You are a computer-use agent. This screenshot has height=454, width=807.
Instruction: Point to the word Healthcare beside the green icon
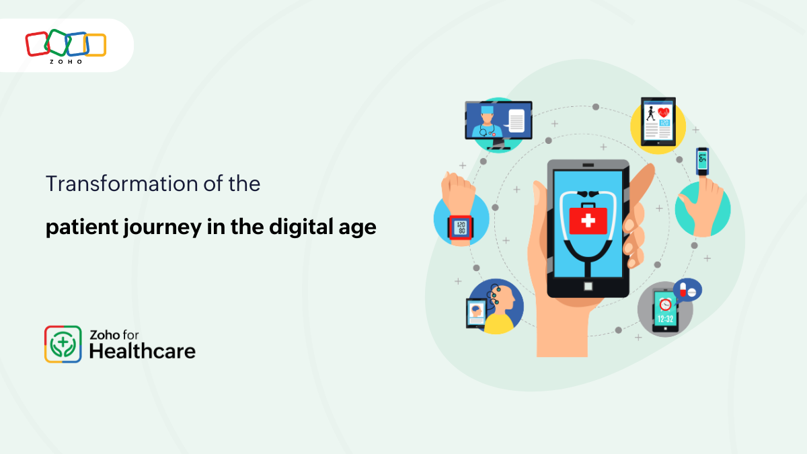tap(143, 351)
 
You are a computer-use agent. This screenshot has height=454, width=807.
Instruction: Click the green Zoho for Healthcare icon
tap(63, 344)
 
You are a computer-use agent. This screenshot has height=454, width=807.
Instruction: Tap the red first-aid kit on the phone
tap(588, 219)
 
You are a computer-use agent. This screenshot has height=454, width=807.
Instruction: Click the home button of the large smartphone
tap(588, 286)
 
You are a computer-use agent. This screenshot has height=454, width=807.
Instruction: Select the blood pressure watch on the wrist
tap(460, 226)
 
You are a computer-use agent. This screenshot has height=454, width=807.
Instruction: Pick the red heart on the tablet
tap(664, 112)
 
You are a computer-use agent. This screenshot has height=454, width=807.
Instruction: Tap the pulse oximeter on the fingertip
tap(702, 160)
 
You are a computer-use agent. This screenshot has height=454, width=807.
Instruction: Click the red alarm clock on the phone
tap(664, 303)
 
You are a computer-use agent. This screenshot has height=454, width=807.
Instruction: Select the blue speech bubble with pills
tap(687, 290)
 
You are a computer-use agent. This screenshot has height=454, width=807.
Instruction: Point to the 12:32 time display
tap(665, 319)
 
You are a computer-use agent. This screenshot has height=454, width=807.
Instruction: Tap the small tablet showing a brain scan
tap(476, 313)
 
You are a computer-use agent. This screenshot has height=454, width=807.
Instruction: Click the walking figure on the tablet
tap(650, 113)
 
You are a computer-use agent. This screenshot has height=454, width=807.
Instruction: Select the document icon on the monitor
tap(516, 121)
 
